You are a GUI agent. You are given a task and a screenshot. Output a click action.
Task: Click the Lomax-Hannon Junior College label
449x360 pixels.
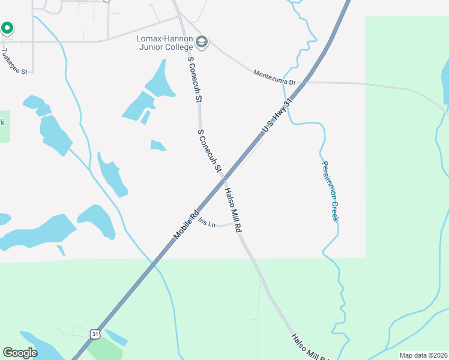(x=164, y=43)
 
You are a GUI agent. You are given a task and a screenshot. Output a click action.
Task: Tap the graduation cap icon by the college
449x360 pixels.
(x=202, y=42)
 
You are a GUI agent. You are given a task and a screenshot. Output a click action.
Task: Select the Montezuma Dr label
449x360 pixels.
(x=274, y=77)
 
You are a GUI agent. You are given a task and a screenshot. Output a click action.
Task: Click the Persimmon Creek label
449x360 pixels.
(x=330, y=191)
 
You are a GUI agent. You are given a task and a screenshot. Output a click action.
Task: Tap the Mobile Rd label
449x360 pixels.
(x=186, y=226)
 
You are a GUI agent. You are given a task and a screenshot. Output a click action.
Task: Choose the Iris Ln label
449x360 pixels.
(x=206, y=223)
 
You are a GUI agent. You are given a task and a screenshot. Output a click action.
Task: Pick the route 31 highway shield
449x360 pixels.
(x=94, y=334)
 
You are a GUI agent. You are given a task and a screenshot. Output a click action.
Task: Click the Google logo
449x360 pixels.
(x=20, y=353)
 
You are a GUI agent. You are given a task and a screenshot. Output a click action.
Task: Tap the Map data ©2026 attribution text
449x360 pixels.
(x=423, y=355)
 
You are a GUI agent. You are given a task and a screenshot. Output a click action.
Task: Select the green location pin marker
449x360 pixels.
(x=7, y=28)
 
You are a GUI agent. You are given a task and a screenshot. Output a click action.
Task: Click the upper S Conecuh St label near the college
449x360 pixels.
(x=193, y=79)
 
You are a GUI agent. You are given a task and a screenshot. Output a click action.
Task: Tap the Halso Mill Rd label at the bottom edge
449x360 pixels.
(x=310, y=347)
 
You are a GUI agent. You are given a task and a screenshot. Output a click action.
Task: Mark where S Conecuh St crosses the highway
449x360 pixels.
(x=223, y=179)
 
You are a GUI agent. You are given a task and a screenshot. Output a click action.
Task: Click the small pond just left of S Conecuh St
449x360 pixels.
(x=158, y=145)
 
